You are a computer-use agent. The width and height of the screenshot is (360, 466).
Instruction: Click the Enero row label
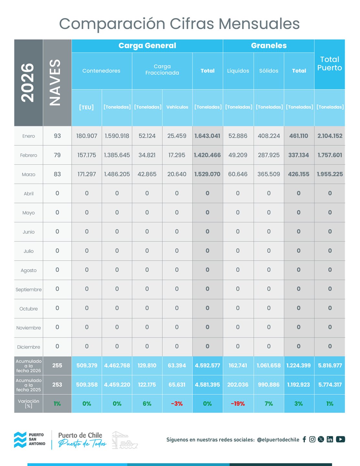28,136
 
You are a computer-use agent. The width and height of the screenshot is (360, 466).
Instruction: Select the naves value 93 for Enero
57,136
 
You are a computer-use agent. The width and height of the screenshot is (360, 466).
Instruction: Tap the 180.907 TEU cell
87,136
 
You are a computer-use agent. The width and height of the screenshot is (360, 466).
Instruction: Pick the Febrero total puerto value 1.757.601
330,155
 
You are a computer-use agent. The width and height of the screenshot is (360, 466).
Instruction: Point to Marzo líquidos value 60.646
238,174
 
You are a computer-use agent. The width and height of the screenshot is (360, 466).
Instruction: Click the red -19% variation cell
238,404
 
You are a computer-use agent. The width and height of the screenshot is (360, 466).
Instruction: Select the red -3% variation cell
177,404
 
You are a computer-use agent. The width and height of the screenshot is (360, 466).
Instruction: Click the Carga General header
147,46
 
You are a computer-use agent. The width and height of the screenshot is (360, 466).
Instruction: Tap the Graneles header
269,46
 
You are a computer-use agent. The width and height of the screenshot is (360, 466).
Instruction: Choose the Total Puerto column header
330,64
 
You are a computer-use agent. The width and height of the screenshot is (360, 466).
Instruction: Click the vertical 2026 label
28,83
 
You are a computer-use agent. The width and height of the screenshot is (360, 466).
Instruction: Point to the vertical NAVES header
56,83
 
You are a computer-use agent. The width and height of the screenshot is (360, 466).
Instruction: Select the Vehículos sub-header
177,107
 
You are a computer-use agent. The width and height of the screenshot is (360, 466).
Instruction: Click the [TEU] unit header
86,107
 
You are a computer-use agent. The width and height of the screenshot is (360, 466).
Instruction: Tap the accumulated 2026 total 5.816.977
330,365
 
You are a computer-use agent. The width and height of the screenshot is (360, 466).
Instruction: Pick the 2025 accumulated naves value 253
57,384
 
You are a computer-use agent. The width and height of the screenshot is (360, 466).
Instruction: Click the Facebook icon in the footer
304,439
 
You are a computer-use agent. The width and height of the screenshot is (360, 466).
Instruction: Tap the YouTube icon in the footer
340,439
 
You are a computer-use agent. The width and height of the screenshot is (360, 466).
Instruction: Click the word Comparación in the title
113,24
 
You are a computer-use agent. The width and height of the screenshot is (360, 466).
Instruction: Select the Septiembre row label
28,289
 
